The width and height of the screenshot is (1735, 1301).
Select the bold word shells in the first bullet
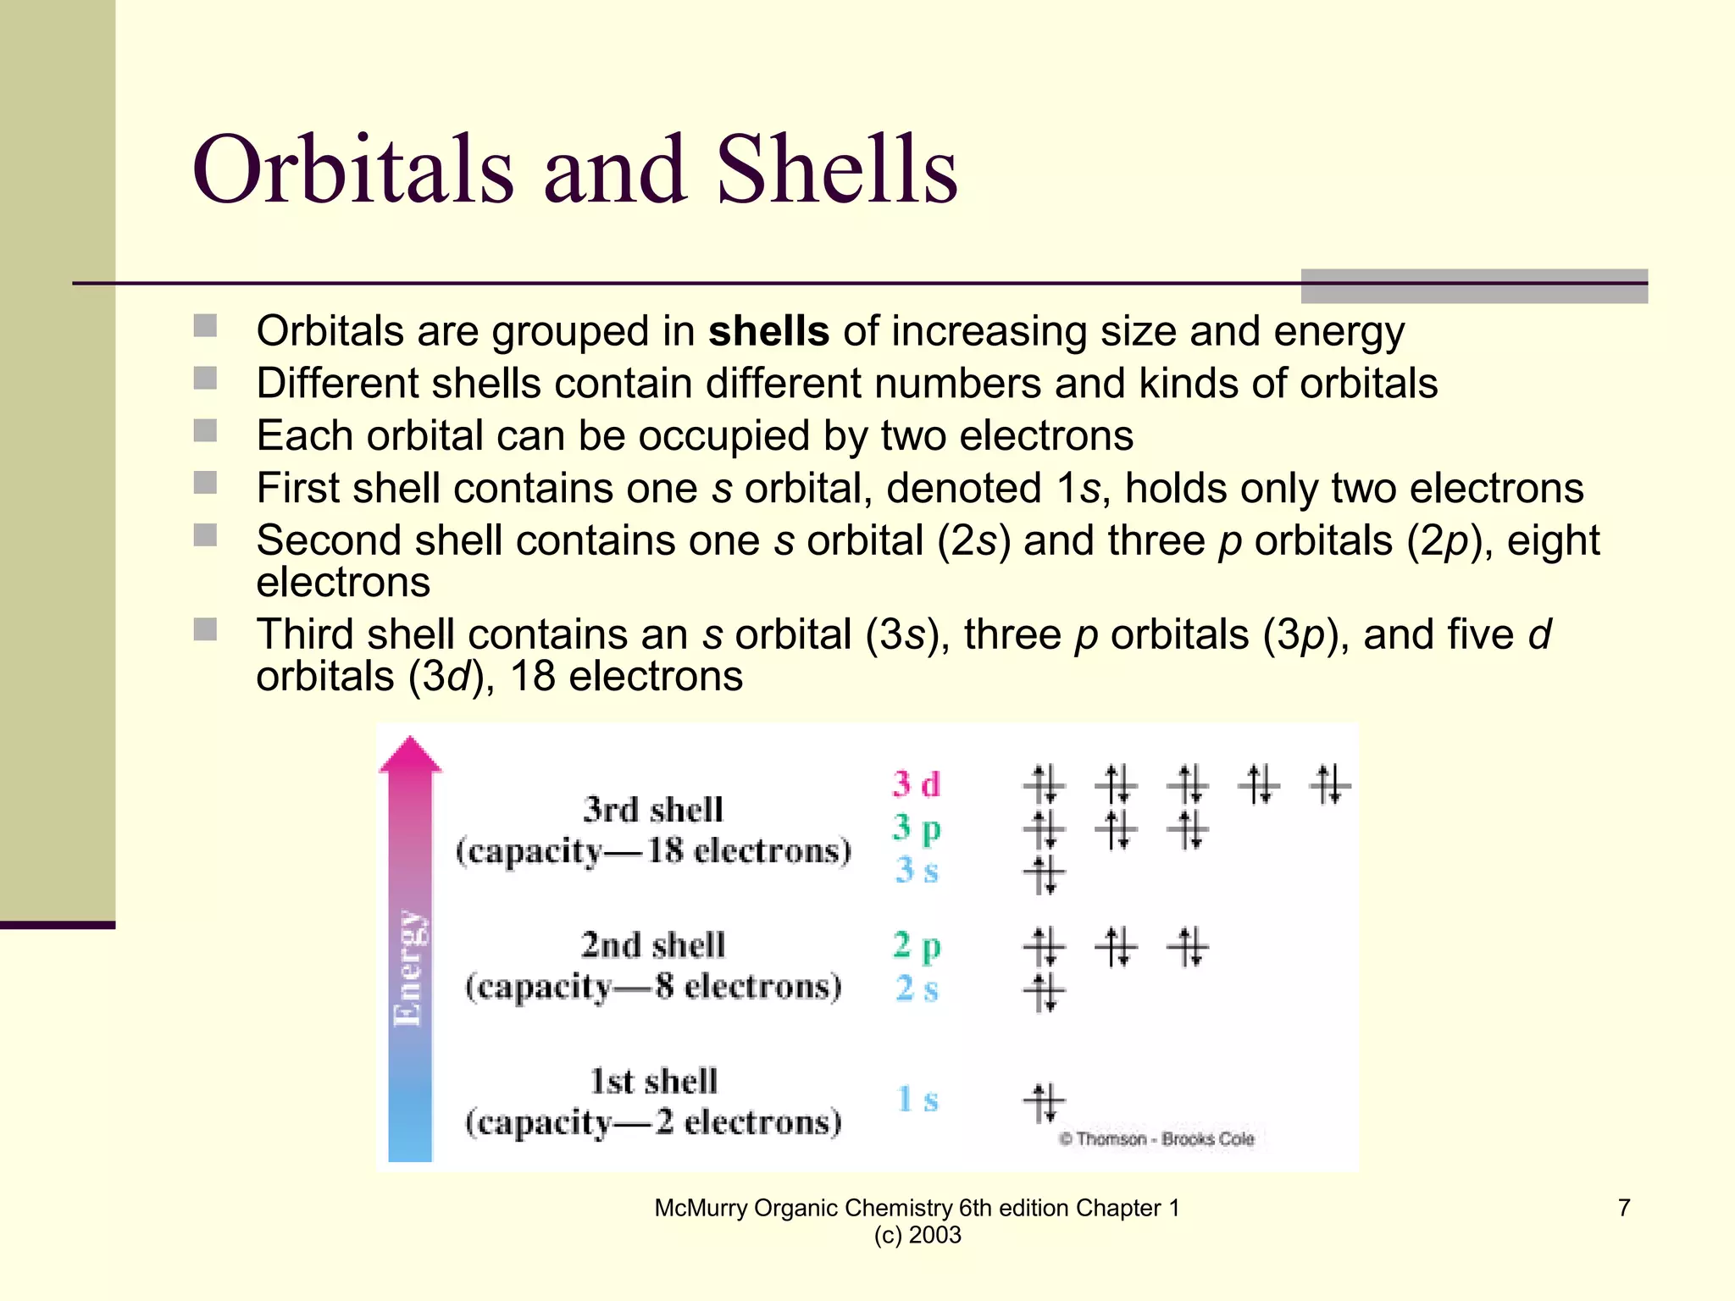(x=768, y=331)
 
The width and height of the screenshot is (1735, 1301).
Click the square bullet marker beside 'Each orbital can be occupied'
(x=205, y=431)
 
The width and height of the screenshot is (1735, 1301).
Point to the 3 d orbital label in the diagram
(x=916, y=783)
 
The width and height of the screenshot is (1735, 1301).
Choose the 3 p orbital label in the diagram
(x=916, y=828)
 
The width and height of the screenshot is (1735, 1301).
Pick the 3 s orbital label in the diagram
(x=916, y=870)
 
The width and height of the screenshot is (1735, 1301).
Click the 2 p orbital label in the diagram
(x=916, y=945)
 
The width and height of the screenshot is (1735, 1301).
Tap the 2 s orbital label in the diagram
(x=916, y=988)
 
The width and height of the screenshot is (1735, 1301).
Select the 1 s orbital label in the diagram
(x=917, y=1099)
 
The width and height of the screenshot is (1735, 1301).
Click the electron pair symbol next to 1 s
(x=1044, y=1101)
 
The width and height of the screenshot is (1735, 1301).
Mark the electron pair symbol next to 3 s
(x=1044, y=873)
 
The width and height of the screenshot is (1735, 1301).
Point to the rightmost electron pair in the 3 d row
(x=1329, y=783)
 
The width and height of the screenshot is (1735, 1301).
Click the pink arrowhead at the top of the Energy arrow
(x=410, y=754)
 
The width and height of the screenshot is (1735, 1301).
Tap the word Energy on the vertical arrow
(x=408, y=967)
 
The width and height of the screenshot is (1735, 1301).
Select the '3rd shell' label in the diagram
(x=652, y=810)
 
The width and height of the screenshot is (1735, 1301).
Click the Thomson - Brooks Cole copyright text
(x=1156, y=1138)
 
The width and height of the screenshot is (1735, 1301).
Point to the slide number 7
(x=1623, y=1207)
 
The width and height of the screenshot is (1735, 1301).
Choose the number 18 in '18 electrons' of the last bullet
(x=532, y=677)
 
